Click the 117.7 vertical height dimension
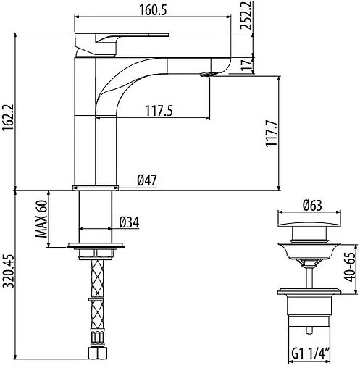click(271, 135)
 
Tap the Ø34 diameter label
click(129, 222)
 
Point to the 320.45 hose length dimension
click(8, 280)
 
